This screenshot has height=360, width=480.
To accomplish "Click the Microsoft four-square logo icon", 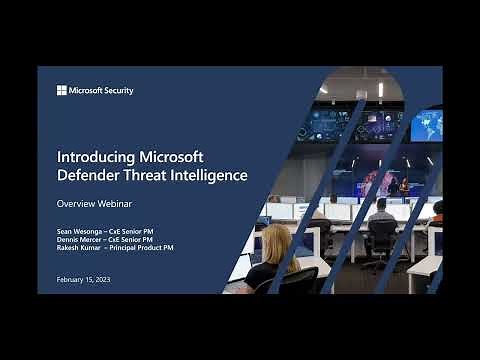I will tap(61, 90).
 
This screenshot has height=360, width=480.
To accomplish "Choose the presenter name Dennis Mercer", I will tap(78, 239).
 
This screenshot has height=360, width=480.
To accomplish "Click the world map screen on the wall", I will tap(425, 125).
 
